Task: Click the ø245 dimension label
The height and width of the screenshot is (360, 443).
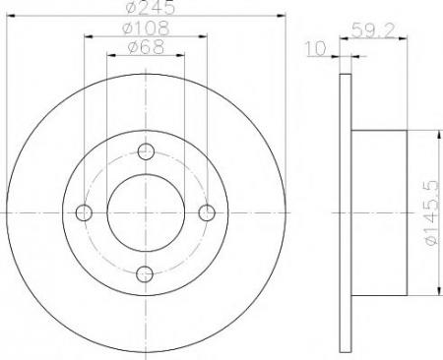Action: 151,7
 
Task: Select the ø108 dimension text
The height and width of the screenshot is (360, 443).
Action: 146,28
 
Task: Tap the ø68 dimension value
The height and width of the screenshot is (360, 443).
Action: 146,47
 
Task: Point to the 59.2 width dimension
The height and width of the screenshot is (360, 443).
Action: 372,30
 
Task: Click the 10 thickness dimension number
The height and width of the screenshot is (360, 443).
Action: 316,48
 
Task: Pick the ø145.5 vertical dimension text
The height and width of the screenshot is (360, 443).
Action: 431,212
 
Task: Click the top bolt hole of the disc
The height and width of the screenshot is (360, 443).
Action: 146,151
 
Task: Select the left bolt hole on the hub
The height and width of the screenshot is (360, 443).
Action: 84,212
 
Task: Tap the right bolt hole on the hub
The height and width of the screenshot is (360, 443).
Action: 207,212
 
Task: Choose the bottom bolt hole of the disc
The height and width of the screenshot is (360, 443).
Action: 145,274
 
